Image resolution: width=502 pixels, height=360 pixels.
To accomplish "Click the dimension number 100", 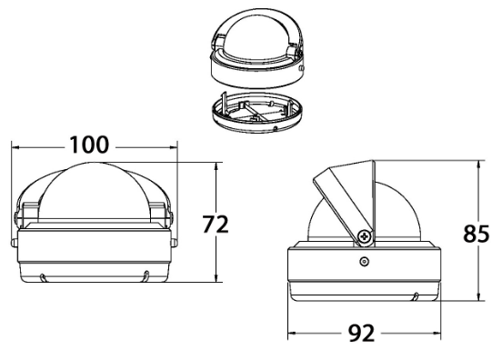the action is coord(89,145).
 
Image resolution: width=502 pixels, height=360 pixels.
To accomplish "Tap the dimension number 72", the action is coord(216,224).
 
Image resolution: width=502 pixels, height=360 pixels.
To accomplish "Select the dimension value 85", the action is coord(476,234).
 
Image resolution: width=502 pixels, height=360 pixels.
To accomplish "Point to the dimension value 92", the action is coord(361,333).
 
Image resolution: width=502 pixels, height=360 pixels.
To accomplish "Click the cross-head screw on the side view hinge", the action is coord(365,236).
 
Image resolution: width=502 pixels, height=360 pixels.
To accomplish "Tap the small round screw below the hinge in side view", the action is coord(364,262).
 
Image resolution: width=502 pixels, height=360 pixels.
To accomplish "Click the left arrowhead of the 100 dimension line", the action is coord(15,147).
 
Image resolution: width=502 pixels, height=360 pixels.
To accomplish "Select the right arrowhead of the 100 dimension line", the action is coord(173,147).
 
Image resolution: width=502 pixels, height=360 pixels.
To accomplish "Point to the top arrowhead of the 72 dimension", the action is coord(216,166).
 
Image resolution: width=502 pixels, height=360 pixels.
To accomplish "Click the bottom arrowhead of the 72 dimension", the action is coord(216,278).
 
